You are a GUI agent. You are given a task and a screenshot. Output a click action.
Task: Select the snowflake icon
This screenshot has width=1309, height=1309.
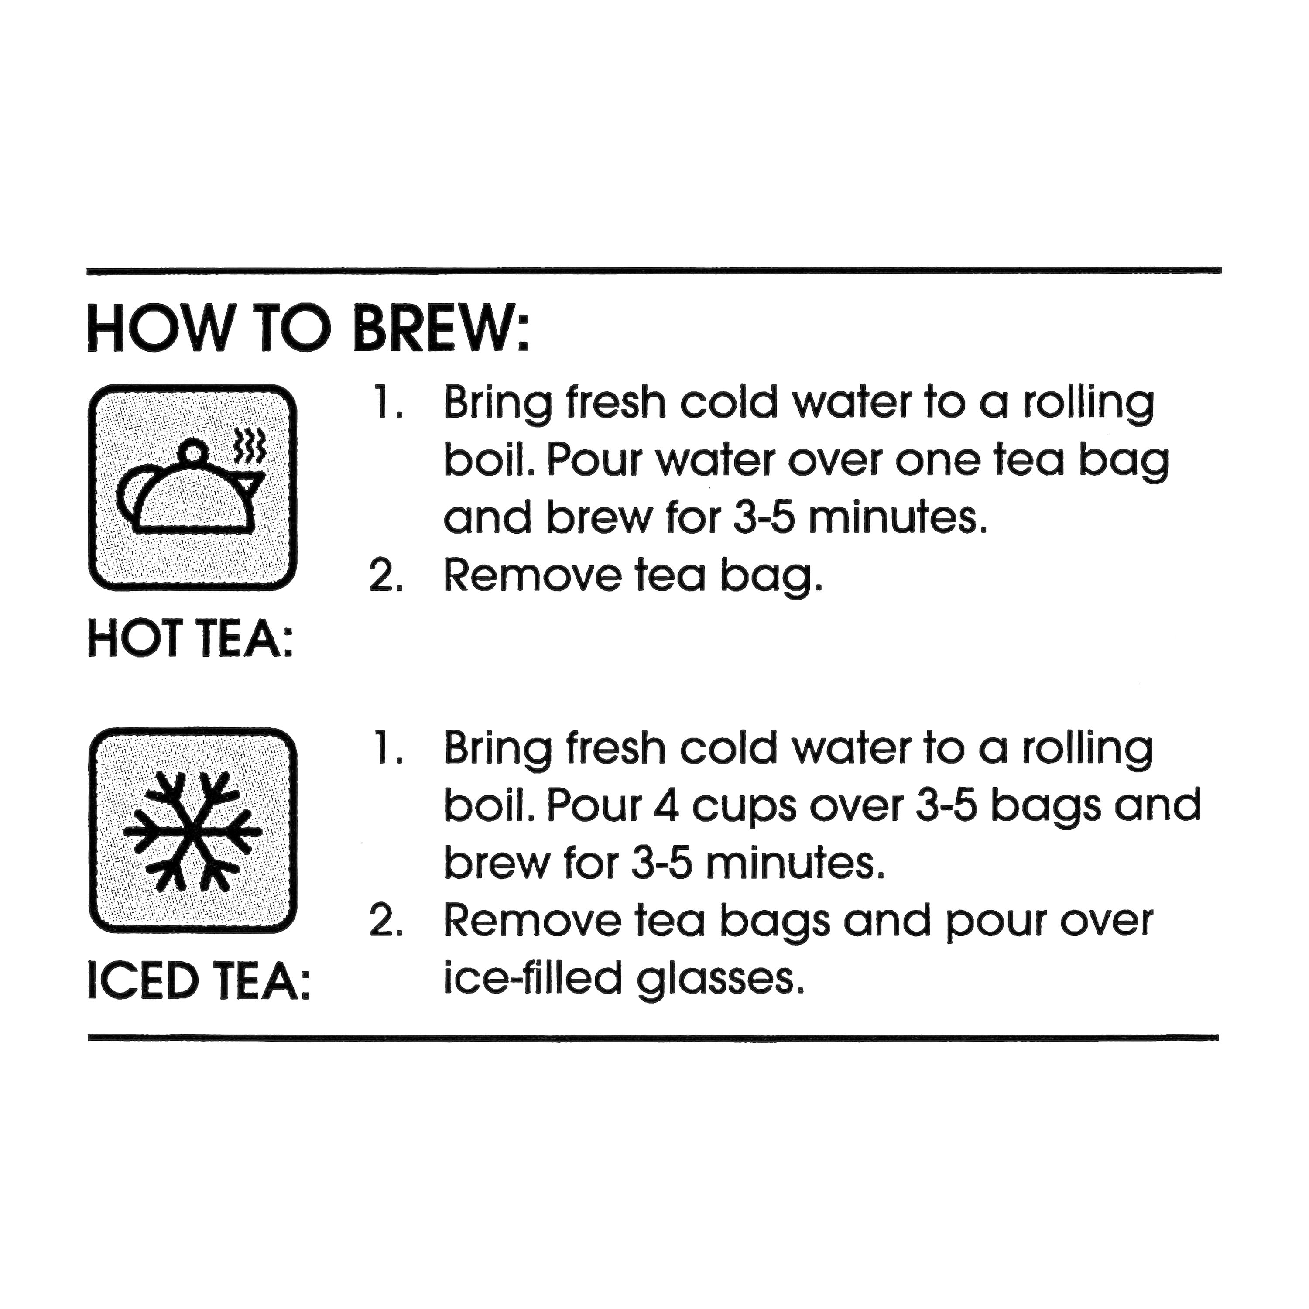pyautogui.click(x=192, y=831)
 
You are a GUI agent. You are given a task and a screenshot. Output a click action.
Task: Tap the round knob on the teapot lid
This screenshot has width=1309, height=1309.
pyautogui.click(x=193, y=452)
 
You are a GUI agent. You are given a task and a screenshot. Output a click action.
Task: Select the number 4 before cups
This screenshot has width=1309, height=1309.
pyautogui.click(x=668, y=805)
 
